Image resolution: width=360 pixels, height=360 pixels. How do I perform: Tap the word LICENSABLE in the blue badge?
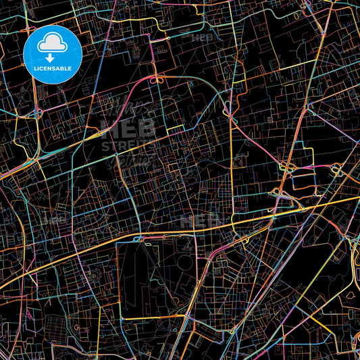coord(52,68)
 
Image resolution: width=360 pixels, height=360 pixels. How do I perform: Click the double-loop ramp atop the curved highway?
coord(157,80)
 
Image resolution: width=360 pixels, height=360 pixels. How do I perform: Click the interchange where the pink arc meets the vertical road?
coord(230,117)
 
